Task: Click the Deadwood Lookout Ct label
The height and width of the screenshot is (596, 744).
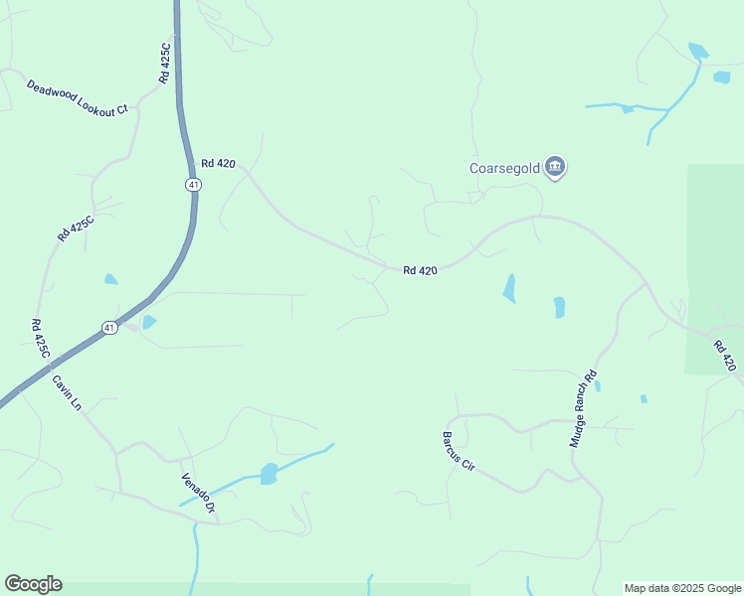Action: coord(78,98)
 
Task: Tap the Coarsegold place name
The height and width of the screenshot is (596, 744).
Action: coord(504,168)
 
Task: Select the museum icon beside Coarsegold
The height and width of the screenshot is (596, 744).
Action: coord(556,167)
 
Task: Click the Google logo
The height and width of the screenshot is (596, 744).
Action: coord(33,584)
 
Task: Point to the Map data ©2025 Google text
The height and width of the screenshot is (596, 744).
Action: coord(683,588)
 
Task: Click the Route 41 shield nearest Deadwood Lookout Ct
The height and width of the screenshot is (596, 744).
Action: coord(193,185)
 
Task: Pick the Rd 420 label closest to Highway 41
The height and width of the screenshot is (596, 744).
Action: coord(218,164)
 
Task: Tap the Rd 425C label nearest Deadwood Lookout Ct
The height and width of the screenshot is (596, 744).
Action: coord(166,62)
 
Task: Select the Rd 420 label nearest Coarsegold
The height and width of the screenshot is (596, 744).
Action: coord(420,270)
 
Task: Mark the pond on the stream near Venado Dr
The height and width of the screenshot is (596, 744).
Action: coord(269,473)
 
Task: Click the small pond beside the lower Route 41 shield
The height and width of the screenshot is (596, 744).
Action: coord(149,322)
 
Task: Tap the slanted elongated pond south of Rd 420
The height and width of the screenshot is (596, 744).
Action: coord(510,288)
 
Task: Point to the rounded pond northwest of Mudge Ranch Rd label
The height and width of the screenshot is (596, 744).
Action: coord(559,308)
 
